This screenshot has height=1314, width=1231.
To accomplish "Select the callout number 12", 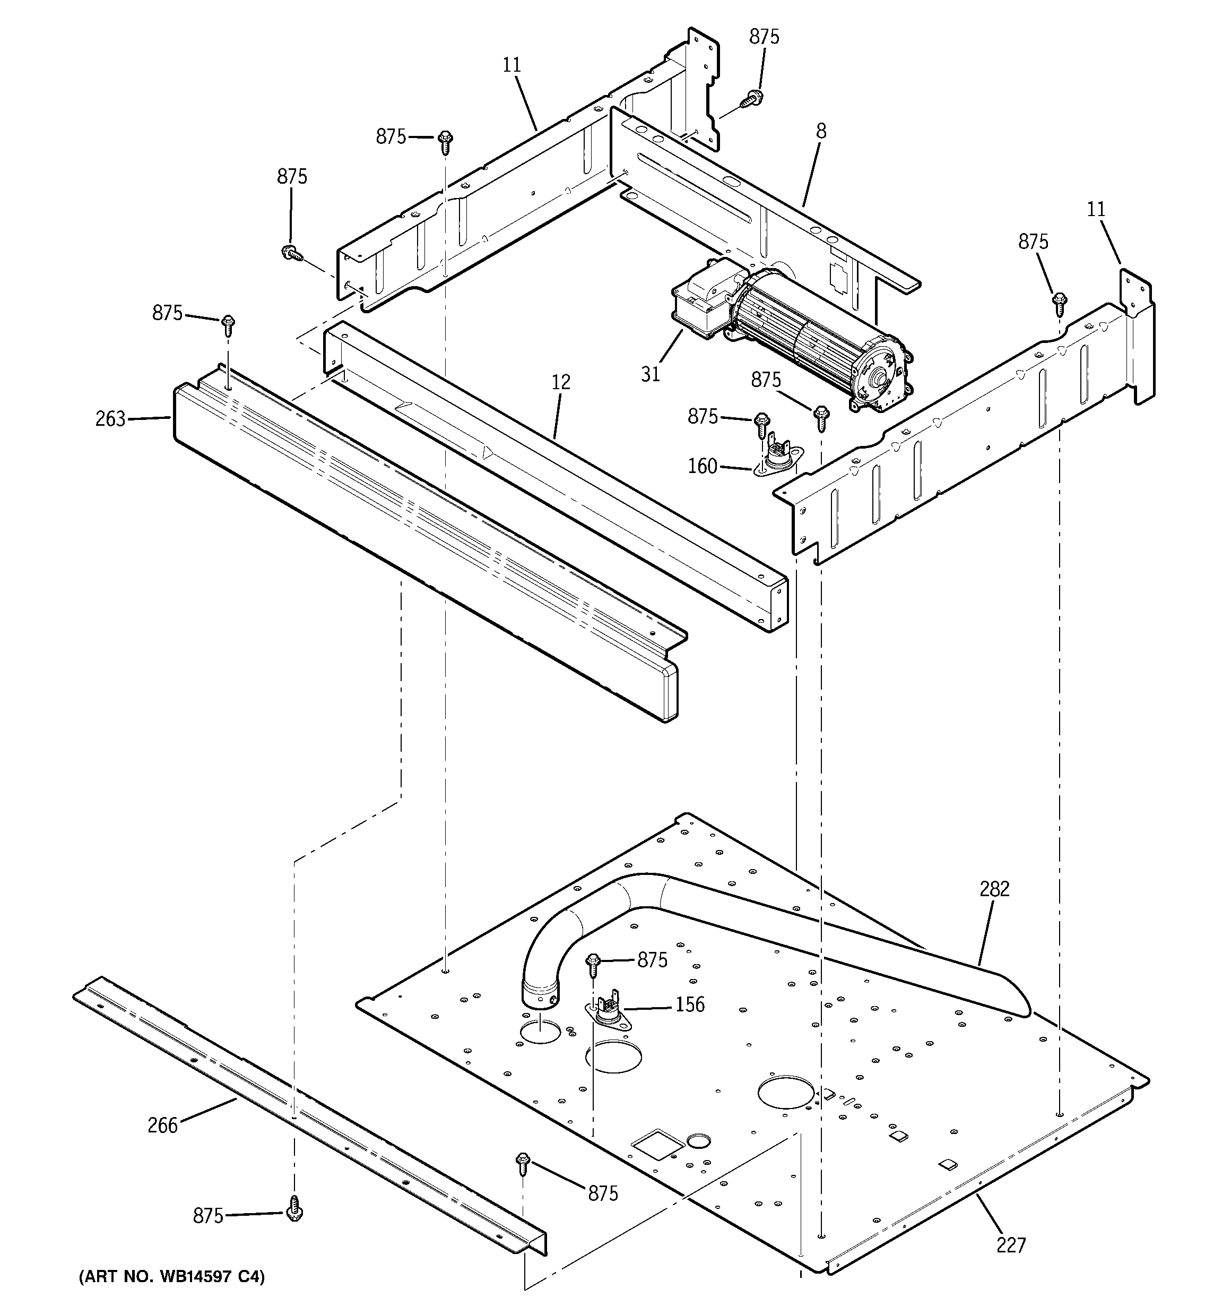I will (560, 382).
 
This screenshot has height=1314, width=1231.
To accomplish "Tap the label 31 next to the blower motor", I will (650, 374).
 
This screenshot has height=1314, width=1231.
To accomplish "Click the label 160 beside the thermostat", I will (703, 466).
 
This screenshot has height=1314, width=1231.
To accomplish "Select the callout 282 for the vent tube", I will (994, 889).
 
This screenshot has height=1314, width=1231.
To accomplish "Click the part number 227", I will (1011, 1246).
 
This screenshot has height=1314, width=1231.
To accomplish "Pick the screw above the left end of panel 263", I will (228, 323).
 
